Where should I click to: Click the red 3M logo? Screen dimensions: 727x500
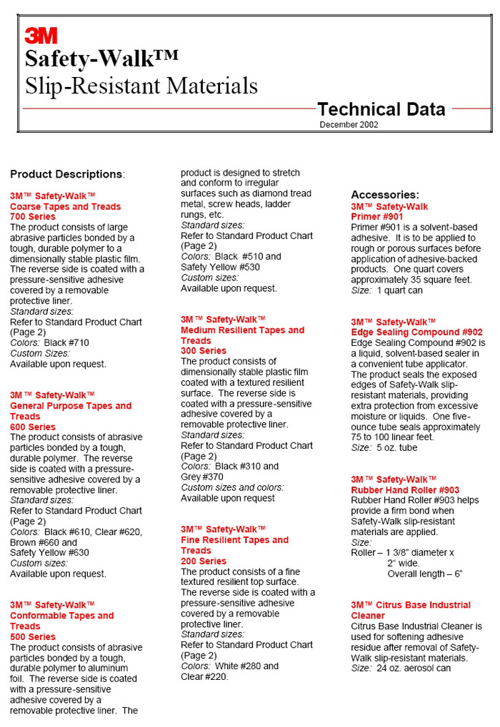pos(41,36)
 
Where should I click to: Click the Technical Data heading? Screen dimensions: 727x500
pos(381,109)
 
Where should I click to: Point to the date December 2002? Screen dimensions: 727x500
pos(349,125)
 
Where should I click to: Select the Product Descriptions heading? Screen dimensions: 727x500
pos(67,174)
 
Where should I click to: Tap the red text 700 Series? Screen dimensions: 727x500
pos(32,216)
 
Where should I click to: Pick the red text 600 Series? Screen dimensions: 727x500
pos(32,427)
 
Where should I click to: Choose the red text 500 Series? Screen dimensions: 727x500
pos(32,636)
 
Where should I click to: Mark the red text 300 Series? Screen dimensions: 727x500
pos(203,350)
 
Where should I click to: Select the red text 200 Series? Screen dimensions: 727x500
pos(203,561)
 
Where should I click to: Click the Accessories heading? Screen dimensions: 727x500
pos(385,195)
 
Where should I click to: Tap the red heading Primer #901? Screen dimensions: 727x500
pos(377,216)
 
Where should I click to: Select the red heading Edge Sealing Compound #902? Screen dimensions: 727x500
pos(416,332)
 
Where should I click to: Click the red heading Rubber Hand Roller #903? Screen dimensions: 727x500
pos(405,490)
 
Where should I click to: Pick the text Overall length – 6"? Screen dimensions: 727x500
pos(425,574)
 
